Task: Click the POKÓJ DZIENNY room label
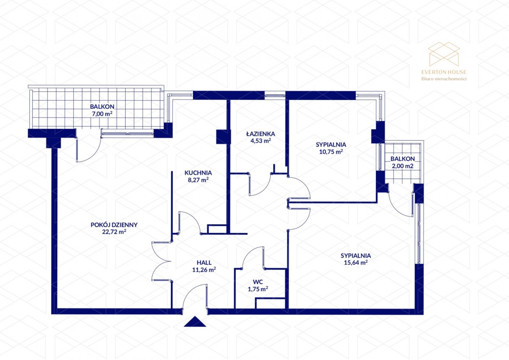pos(114,225)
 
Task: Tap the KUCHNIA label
pos(198,173)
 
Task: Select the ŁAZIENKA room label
pos(260,134)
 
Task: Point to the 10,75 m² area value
pos(331,152)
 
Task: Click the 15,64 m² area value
pos(356,263)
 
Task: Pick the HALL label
pos(204,262)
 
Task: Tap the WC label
pos(258,282)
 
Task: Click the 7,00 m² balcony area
pos(102,114)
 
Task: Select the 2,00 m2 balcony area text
pos(403,166)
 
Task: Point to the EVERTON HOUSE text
pos(444,72)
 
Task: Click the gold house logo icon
pos(444,54)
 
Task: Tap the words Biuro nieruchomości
pos(444,79)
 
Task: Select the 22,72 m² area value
pos(114,232)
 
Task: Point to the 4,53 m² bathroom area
pos(260,141)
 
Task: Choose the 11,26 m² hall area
pos(204,270)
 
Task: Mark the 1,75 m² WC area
pos(258,289)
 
